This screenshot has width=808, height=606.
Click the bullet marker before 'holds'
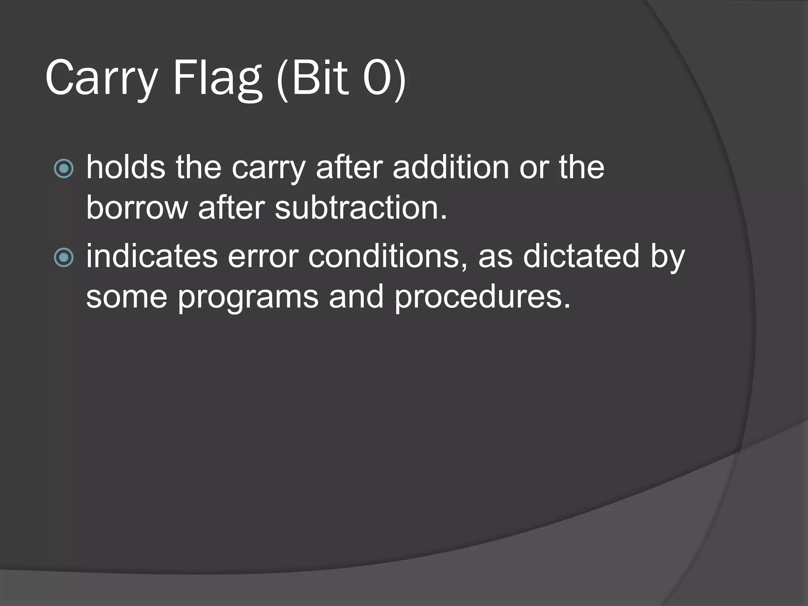pos(64,169)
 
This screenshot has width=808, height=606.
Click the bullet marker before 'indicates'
pos(64,258)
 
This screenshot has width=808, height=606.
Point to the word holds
pos(125,167)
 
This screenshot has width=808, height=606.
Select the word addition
pos(451,167)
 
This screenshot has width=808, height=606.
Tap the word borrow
pos(137,208)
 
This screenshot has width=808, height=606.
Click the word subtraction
pos(361,208)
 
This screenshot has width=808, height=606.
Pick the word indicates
pos(152,256)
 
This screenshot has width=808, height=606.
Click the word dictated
pos(581,256)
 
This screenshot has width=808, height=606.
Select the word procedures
pos(482,296)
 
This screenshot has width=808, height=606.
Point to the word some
pos(127,297)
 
